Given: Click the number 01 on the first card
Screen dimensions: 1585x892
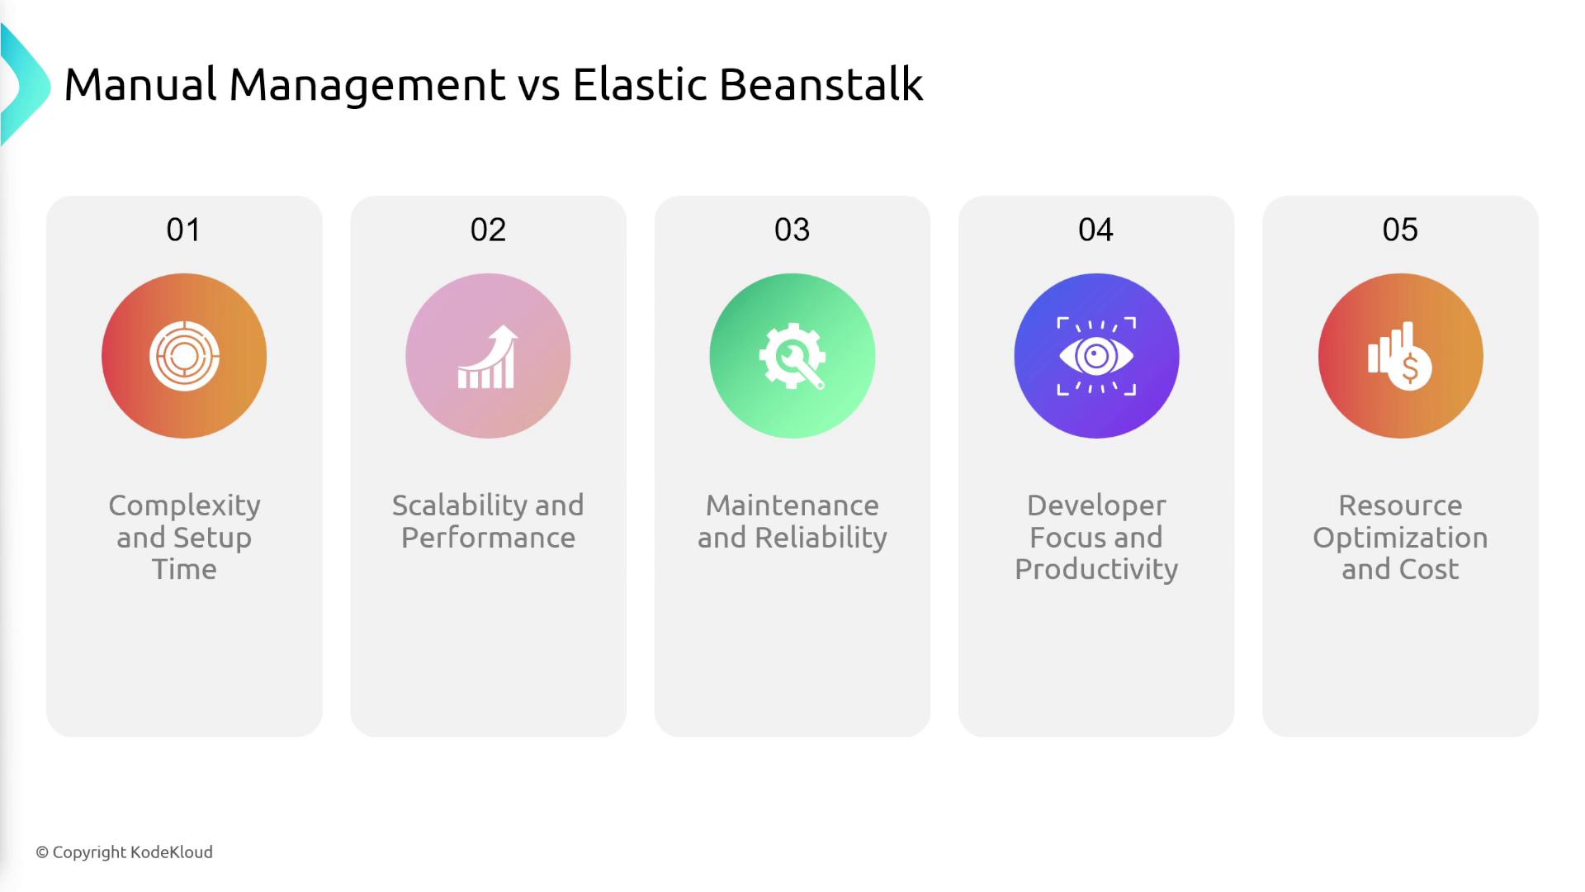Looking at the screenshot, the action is pyautogui.click(x=183, y=230).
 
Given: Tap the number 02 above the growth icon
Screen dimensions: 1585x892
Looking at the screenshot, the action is pyautogui.click(x=488, y=230).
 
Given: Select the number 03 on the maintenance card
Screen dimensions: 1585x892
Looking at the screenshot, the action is pyautogui.click(x=792, y=230).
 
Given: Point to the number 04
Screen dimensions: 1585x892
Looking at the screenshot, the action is pyautogui.click(x=1095, y=230).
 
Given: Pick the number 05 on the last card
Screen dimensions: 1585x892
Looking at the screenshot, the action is pyautogui.click(x=1400, y=230).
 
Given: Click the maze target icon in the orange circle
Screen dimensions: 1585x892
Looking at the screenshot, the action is pyautogui.click(x=184, y=356).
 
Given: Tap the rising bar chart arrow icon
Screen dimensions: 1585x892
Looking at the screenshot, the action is pyautogui.click(x=488, y=357).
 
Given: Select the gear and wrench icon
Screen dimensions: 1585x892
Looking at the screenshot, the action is pyautogui.click(x=792, y=356).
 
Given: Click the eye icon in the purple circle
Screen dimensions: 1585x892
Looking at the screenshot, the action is pyautogui.click(x=1096, y=356).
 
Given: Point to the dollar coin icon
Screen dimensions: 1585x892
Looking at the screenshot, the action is pyautogui.click(x=1410, y=368).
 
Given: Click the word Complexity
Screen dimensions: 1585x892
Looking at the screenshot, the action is pyautogui.click(x=184, y=505).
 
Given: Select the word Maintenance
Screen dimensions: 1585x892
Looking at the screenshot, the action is pyautogui.click(x=792, y=505).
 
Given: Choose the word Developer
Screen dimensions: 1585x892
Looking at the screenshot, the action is pyautogui.click(x=1096, y=505).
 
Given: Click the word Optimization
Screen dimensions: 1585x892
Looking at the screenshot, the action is pyautogui.click(x=1400, y=538).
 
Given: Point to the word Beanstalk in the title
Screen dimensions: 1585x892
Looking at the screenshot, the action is pyautogui.click(x=821, y=84).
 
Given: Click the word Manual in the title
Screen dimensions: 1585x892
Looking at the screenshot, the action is pyautogui.click(x=140, y=84).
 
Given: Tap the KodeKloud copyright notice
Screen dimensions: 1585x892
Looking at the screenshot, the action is pyautogui.click(x=124, y=852).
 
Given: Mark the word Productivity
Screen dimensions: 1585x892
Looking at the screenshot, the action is pyautogui.click(x=1096, y=570).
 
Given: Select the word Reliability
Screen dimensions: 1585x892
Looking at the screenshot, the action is pyautogui.click(x=821, y=538).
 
